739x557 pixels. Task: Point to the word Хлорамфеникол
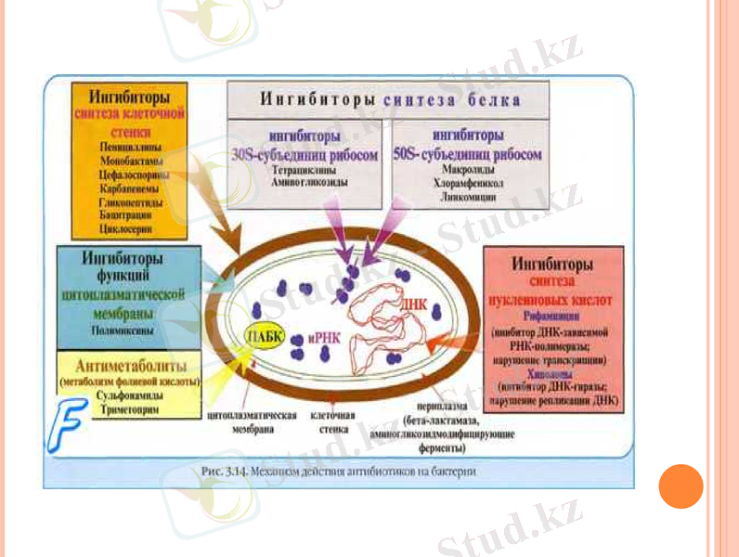(466, 185)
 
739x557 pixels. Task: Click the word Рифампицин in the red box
(554, 316)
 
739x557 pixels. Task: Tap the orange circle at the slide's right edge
(681, 486)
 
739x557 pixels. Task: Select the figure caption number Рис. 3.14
(222, 472)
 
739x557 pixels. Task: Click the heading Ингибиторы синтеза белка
(389, 98)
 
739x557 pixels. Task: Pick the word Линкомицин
(466, 199)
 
